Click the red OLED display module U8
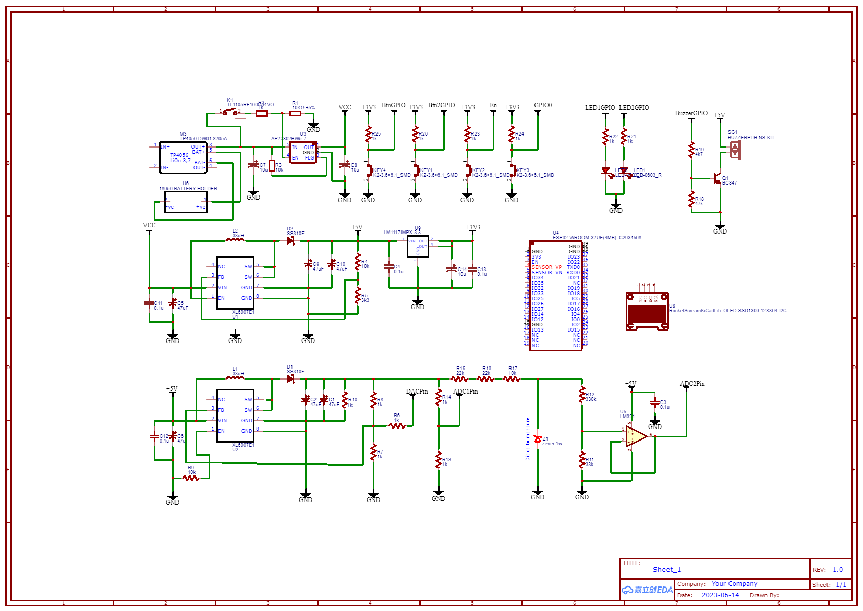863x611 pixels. click(x=647, y=312)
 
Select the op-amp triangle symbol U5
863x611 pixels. click(x=636, y=436)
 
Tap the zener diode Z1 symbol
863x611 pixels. click(x=538, y=439)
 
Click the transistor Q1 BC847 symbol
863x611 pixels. click(x=718, y=179)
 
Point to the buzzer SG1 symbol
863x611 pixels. click(x=735, y=150)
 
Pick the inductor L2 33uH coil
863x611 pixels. click(x=235, y=240)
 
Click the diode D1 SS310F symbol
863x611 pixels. click(x=290, y=378)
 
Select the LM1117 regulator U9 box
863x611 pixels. click(x=418, y=246)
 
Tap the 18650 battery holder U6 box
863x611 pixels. click(x=186, y=202)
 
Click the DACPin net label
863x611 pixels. click(x=417, y=392)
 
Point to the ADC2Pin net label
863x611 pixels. click(x=692, y=384)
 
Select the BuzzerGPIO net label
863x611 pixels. click(x=691, y=113)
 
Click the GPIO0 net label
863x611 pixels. click(x=543, y=105)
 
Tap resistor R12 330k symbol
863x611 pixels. click(x=582, y=395)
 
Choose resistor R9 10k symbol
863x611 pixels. click(x=191, y=478)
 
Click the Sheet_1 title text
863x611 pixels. click(x=666, y=570)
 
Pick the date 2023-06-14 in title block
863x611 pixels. click(x=720, y=595)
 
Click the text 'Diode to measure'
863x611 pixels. click(x=528, y=439)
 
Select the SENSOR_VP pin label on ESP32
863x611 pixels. click(x=546, y=267)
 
